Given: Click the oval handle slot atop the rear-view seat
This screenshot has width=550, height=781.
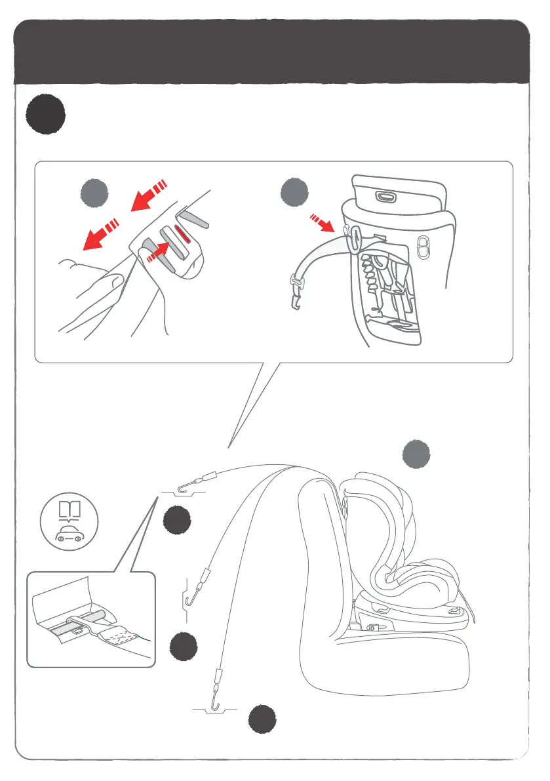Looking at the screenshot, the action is click(386, 196).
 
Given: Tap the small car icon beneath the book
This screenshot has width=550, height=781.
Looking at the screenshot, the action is click(68, 532).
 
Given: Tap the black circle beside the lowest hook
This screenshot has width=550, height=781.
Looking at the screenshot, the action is click(262, 720).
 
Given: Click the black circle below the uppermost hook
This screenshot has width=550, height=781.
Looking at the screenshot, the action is click(177, 521).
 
